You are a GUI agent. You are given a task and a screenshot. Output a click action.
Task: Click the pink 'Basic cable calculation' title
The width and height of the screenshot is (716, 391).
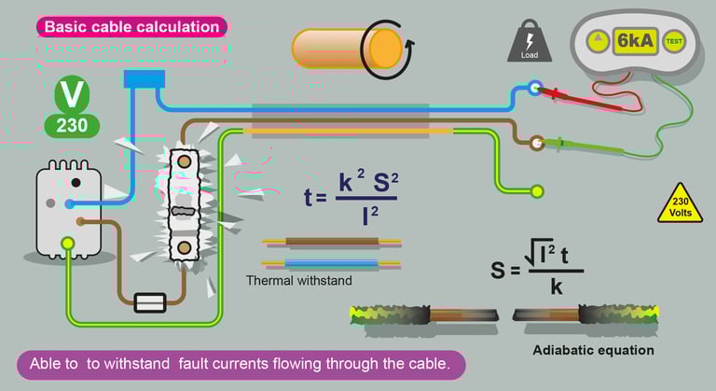point(132,27)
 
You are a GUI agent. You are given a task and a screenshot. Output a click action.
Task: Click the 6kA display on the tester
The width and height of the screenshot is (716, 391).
point(634,41)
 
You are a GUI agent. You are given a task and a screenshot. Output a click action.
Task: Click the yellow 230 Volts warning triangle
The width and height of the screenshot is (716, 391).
point(680,203)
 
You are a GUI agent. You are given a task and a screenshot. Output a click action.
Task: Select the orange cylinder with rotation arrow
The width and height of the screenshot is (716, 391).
point(347,47)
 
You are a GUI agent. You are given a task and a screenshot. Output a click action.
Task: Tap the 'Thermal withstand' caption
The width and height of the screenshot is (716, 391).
point(299,280)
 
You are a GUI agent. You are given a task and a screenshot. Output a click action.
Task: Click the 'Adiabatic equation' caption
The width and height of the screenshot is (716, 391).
point(593,350)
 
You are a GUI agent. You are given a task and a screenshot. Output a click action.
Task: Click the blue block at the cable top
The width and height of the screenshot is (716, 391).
point(144,78)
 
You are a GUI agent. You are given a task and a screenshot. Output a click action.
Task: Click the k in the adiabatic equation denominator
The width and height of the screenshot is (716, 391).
point(557,287)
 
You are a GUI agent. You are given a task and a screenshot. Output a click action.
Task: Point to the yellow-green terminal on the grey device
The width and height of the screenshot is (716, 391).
point(67,245)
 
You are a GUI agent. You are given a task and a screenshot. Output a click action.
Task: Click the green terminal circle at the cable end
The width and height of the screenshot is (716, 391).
point(537,191)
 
